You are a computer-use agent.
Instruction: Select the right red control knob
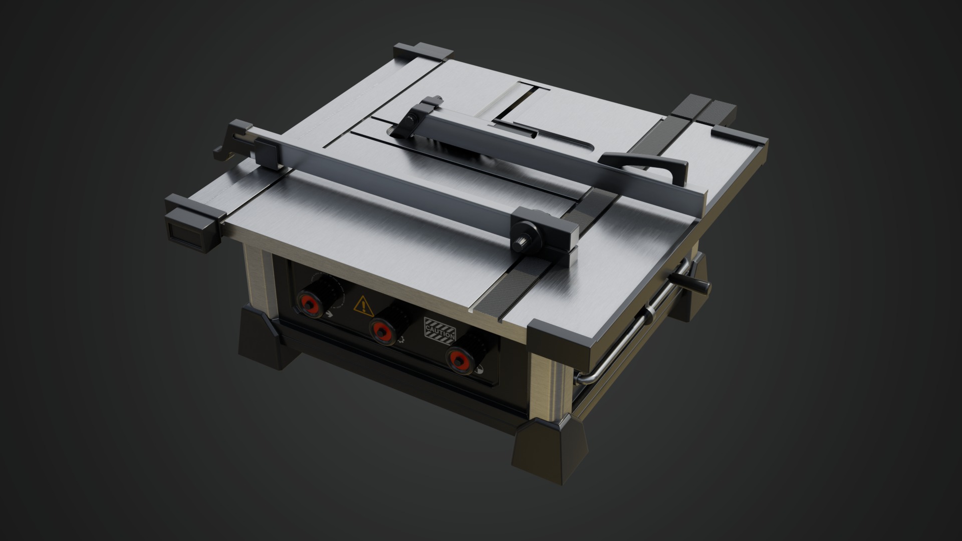(x=457, y=359)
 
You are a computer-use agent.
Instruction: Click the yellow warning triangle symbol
(x=363, y=305)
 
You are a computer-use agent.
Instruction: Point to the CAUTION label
(x=439, y=330)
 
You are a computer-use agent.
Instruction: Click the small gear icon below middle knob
(x=401, y=341)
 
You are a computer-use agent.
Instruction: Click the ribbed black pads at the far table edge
(x=704, y=110)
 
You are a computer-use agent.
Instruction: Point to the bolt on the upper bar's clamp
(x=411, y=119)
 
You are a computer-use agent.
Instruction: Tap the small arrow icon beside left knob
(x=329, y=315)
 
